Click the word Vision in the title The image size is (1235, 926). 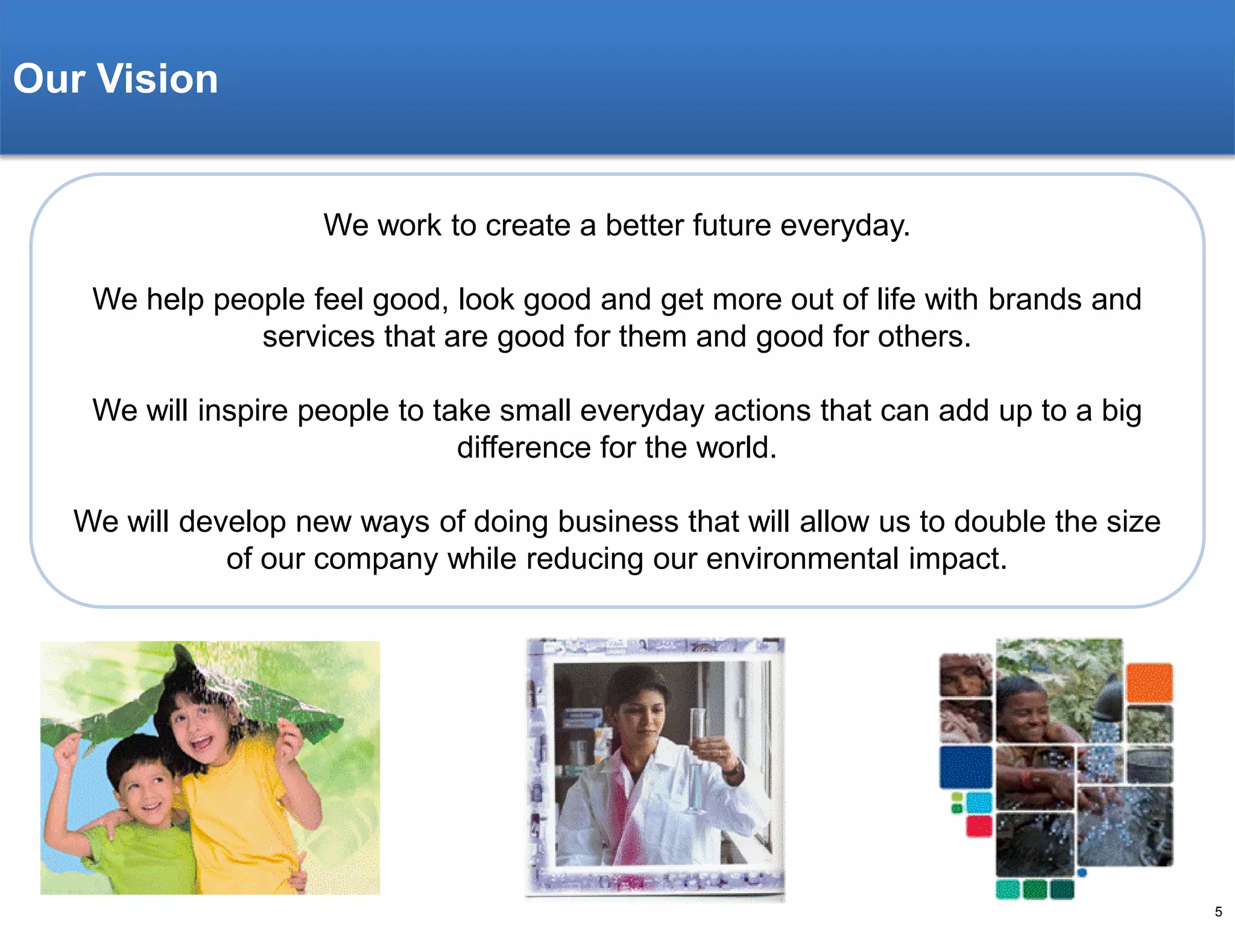(x=157, y=79)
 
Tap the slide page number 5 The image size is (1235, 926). (x=1218, y=912)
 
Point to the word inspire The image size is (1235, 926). (x=242, y=411)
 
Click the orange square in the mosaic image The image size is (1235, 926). (x=1149, y=682)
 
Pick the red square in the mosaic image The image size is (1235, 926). (x=979, y=826)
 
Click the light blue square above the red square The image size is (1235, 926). (x=979, y=802)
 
